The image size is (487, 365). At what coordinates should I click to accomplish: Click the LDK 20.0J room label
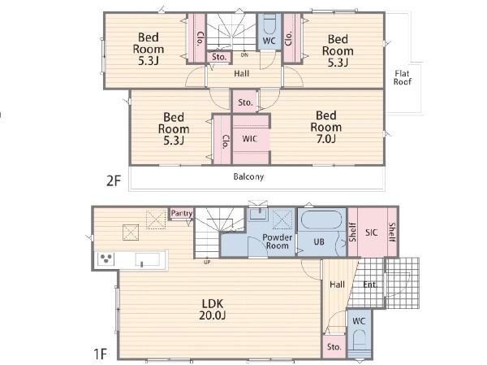213,309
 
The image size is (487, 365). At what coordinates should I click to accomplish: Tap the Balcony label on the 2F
248,176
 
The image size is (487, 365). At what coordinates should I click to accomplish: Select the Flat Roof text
403,77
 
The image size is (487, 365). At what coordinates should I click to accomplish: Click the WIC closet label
250,138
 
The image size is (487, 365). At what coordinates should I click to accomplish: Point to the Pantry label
182,214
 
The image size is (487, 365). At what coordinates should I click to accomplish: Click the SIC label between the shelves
372,232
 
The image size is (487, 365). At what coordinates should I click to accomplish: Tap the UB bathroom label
319,241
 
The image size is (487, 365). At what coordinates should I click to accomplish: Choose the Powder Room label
277,241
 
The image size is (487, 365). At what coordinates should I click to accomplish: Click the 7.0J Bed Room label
326,127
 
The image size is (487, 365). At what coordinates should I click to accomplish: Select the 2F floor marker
114,180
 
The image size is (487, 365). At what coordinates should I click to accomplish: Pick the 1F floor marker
101,354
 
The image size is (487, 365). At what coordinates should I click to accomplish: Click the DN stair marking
245,55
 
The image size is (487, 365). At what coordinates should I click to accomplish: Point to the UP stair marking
207,263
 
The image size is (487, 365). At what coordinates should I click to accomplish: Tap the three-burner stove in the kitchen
106,259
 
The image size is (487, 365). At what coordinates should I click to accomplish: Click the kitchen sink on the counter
147,259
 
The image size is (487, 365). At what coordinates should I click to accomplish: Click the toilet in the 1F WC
360,341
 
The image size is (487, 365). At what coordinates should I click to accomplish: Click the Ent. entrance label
370,285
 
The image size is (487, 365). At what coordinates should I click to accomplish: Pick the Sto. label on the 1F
334,346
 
